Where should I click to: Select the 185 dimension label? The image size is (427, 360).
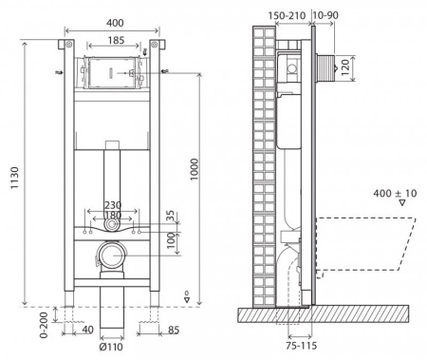(x=116, y=41)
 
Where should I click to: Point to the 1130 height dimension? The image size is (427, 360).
(x=14, y=178)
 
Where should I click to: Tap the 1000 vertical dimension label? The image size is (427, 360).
(x=194, y=169)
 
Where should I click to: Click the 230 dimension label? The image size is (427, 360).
(x=113, y=205)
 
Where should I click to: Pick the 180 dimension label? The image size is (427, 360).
(x=113, y=216)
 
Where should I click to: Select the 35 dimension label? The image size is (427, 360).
(x=170, y=217)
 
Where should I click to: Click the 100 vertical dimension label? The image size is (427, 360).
(x=171, y=240)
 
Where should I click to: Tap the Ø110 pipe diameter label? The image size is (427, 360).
(x=111, y=347)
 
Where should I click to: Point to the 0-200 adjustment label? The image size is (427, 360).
(x=44, y=325)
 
